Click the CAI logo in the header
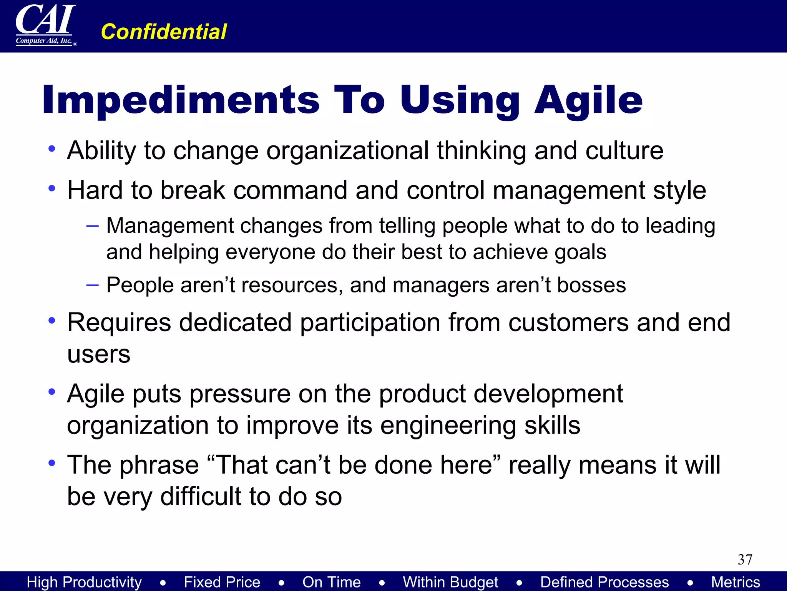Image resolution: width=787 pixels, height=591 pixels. pyautogui.click(x=45, y=25)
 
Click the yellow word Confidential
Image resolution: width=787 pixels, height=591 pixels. pyautogui.click(x=164, y=32)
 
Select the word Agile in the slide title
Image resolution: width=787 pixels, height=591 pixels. pyautogui.click(x=588, y=100)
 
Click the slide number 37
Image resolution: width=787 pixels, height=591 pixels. pyautogui.click(x=745, y=559)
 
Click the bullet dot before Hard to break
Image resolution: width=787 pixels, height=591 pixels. pyautogui.click(x=52, y=188)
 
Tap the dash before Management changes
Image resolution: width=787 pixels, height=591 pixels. pyautogui.click(x=93, y=226)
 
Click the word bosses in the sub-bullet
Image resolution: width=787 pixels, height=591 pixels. pyautogui.click(x=591, y=285)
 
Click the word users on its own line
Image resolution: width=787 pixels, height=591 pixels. pyautogui.click(x=99, y=354)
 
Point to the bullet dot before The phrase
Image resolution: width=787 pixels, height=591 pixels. pyautogui.click(x=52, y=462)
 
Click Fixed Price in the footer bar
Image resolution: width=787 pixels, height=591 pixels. pyautogui.click(x=222, y=582)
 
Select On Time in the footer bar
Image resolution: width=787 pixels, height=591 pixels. pyautogui.click(x=331, y=582)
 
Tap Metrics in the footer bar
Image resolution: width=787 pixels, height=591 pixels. pyautogui.click(x=735, y=582)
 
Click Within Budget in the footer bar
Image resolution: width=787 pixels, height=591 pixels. pyautogui.click(x=450, y=582)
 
